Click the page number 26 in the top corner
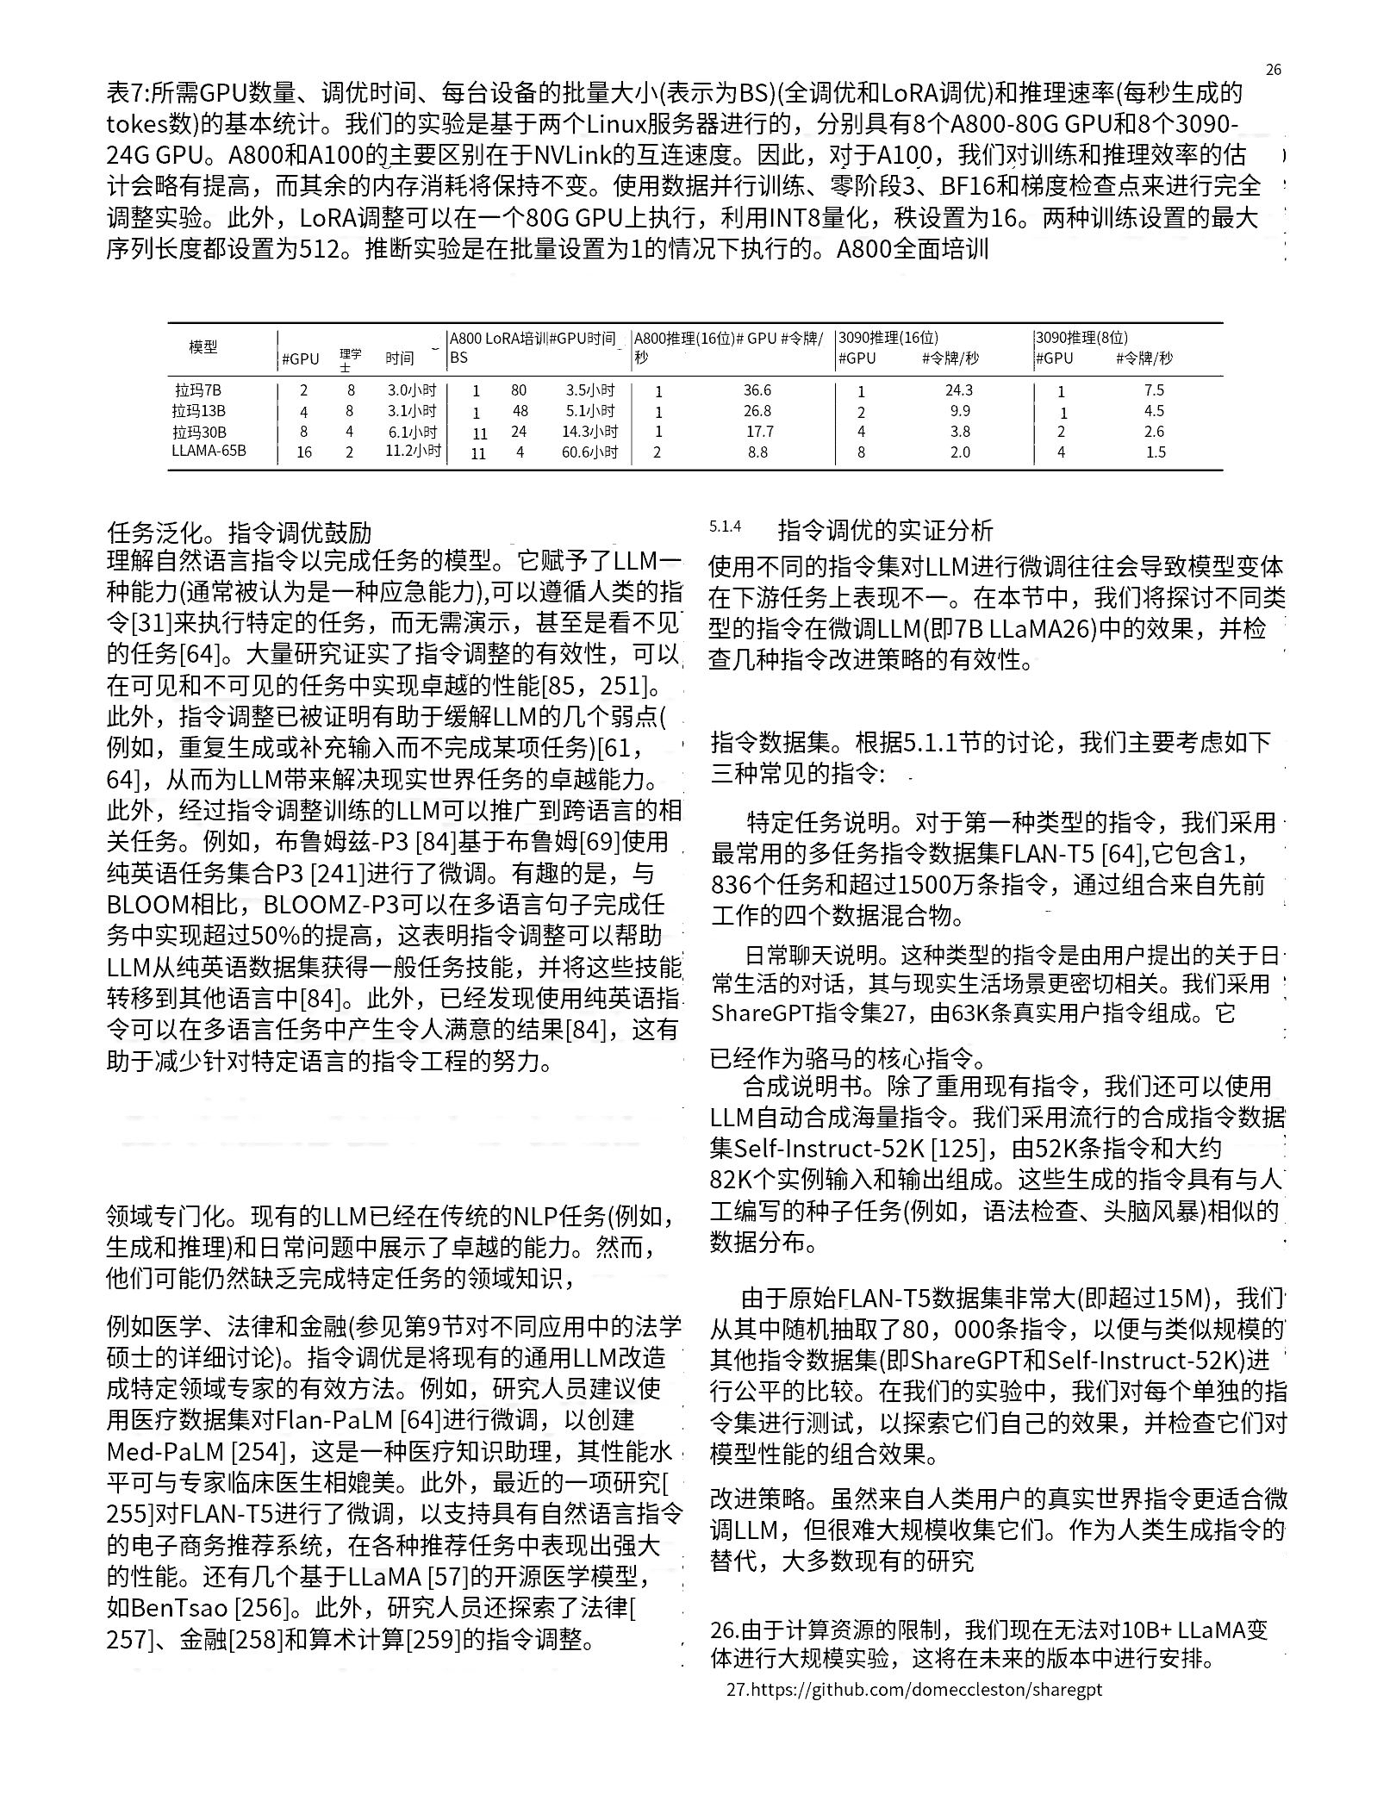(x=1273, y=70)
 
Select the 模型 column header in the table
(x=203, y=347)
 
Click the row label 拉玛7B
(x=196, y=389)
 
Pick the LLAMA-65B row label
(x=209, y=451)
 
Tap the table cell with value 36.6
(x=757, y=390)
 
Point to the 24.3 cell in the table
(x=959, y=390)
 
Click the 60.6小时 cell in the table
(x=589, y=452)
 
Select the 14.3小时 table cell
(x=589, y=432)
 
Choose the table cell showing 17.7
(x=759, y=432)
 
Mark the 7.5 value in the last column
(x=1154, y=390)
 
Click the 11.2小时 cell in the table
(x=413, y=451)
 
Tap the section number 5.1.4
(x=725, y=527)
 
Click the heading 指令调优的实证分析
(x=885, y=529)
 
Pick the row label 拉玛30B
(x=199, y=432)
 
